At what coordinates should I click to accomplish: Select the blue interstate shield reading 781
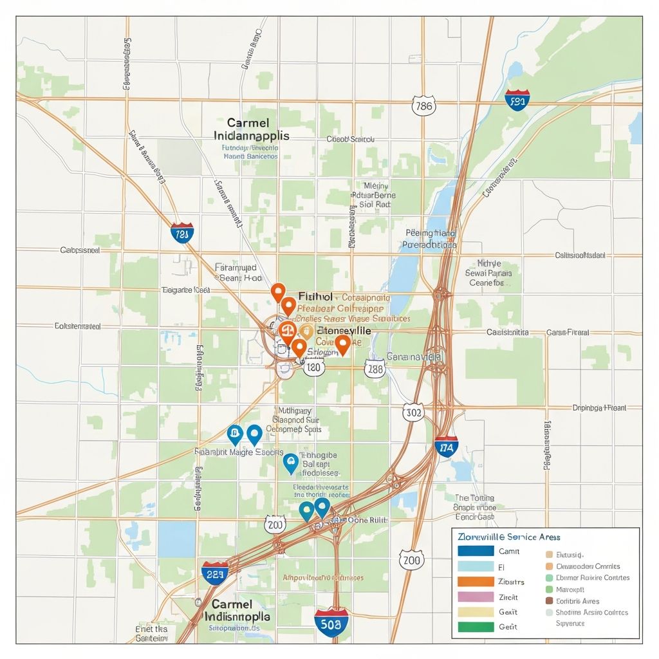[182, 234]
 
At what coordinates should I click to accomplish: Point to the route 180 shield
[313, 368]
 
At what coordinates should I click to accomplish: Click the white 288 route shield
[375, 368]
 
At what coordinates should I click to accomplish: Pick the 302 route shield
[413, 413]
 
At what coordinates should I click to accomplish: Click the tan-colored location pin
[306, 332]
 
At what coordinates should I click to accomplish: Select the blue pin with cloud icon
[291, 461]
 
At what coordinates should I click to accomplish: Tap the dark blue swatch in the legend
[476, 551]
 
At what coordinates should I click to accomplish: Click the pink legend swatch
[476, 597]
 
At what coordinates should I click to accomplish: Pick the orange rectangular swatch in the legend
[476, 581]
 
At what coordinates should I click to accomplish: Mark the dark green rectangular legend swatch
[476, 626]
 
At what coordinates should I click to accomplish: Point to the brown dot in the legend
[549, 600]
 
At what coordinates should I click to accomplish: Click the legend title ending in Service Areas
[508, 536]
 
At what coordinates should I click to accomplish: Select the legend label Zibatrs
[512, 581]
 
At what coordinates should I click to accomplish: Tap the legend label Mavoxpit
[570, 589]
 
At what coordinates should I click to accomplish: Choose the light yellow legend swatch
[476, 611]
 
